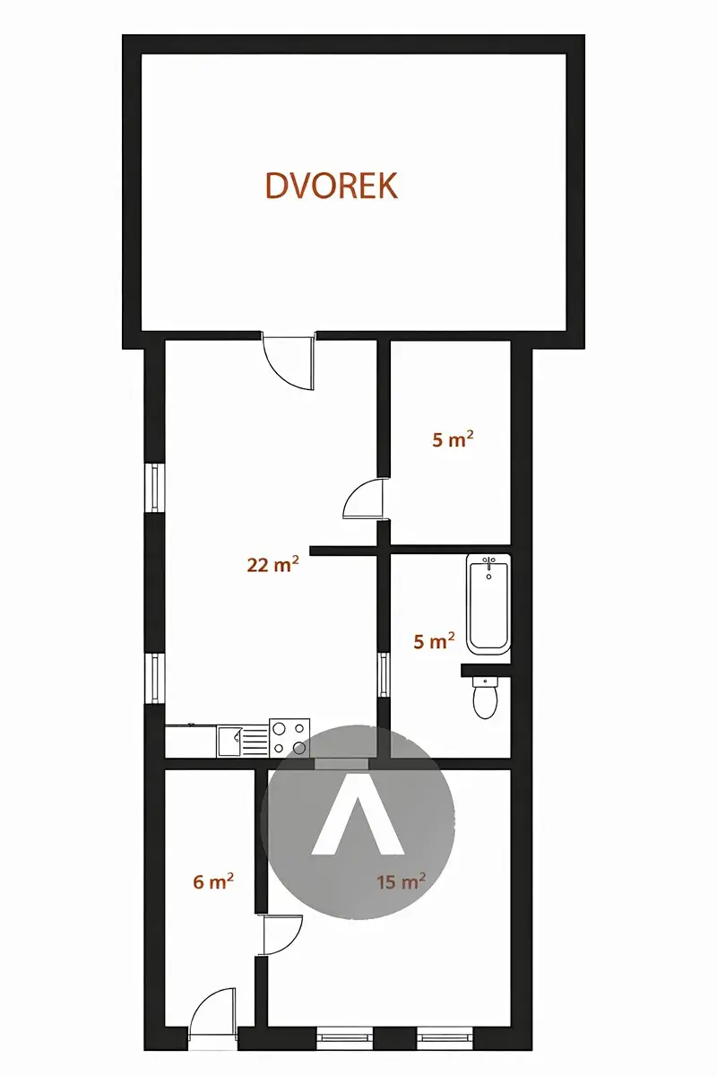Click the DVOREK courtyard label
tap(332, 186)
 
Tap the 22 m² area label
tap(272, 564)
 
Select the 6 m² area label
tap(213, 881)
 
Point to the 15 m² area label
tap(401, 881)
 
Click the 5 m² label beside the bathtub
tap(434, 641)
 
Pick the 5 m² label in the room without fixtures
tap(453, 439)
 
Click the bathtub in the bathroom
tap(488, 604)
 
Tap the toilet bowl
tap(486, 697)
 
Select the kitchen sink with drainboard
tap(242, 742)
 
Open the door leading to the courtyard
tap(289, 360)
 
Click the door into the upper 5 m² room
tap(365, 499)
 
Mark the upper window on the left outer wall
tap(155, 487)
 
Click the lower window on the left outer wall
tap(155, 679)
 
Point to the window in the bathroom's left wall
tap(384, 674)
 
